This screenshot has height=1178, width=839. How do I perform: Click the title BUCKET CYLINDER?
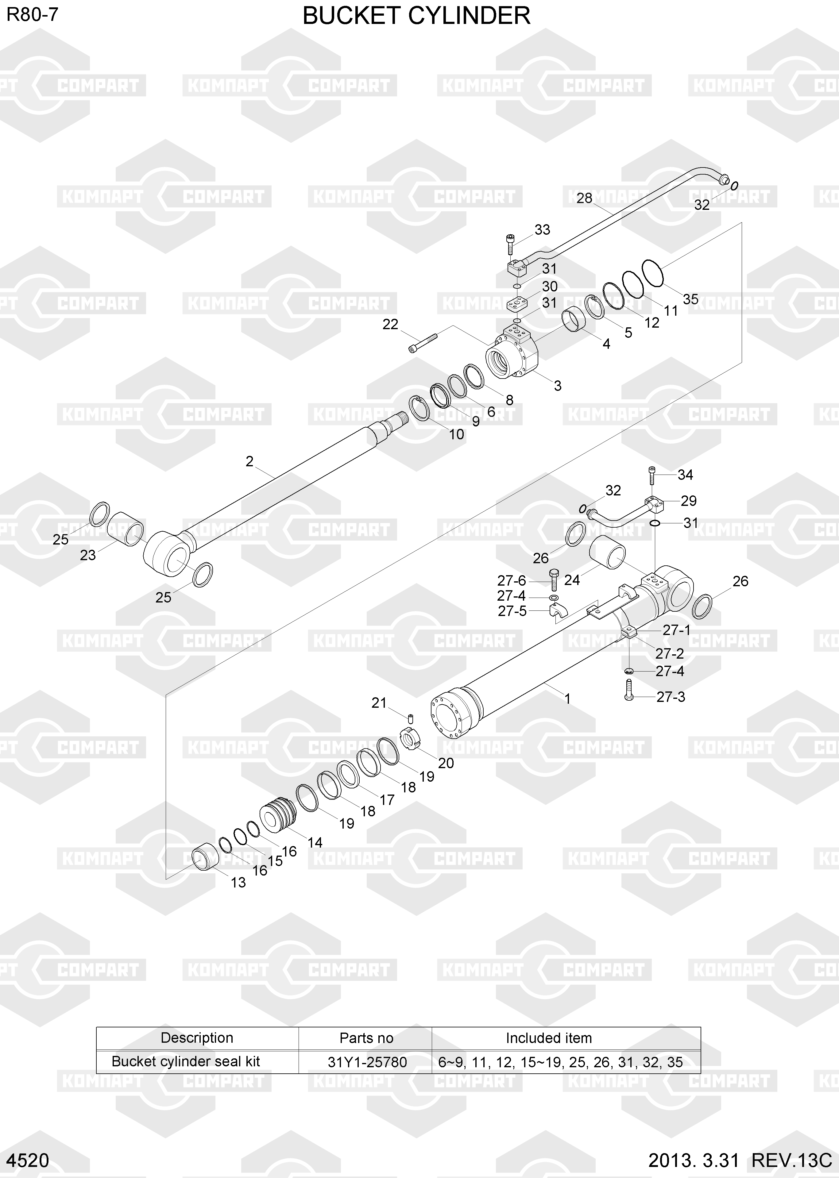tap(416, 16)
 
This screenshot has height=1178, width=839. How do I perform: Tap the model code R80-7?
tap(32, 15)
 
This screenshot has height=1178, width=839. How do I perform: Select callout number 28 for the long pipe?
tap(584, 198)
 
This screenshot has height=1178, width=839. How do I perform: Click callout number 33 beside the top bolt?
tap(542, 230)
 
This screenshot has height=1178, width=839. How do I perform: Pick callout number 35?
tap(691, 299)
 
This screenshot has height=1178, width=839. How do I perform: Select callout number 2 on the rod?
tap(249, 461)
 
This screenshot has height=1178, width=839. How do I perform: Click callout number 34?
tap(685, 475)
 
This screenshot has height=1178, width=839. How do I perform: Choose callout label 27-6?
tap(512, 580)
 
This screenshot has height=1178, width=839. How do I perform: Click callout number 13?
tap(238, 883)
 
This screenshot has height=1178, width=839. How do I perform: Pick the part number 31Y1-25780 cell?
tap(367, 1062)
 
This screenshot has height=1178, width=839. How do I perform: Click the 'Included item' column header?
tap(549, 1038)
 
